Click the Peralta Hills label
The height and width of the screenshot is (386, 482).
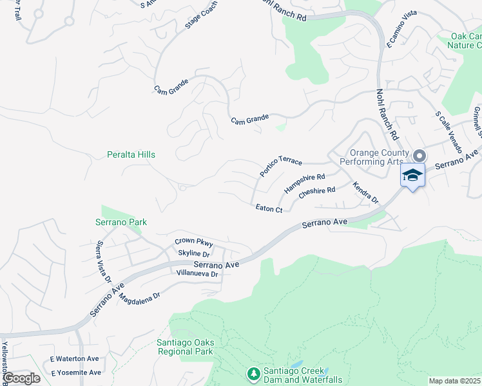point(131,155)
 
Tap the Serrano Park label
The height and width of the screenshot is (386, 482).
point(124,223)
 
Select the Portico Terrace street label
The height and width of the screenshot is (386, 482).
point(281,165)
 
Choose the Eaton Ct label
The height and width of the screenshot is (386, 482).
point(269,209)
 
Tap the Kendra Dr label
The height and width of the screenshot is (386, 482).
point(365,192)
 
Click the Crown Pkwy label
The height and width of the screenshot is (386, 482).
point(193,243)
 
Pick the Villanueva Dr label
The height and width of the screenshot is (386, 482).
point(197,274)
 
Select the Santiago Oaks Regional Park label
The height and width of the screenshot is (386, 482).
point(185,347)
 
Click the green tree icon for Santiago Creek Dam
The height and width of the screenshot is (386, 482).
point(253,373)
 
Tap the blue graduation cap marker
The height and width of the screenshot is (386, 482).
point(412,175)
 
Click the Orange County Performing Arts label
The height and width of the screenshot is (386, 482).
point(379,158)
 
